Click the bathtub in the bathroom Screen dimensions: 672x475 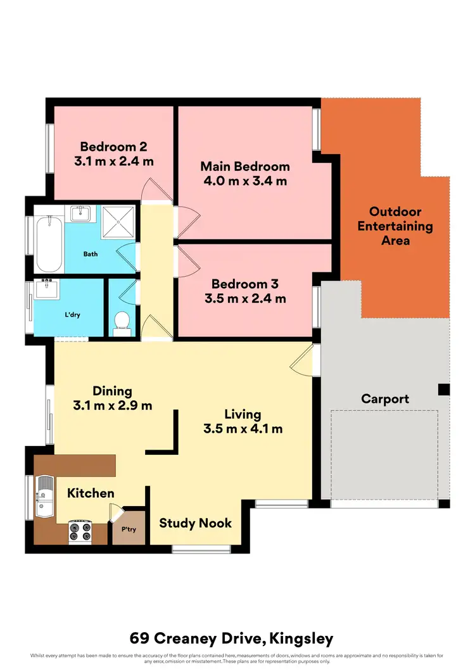click(x=49, y=244)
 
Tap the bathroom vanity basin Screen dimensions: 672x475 click(x=80, y=213)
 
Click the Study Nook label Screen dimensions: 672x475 click(x=195, y=523)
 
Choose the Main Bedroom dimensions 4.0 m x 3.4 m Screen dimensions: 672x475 click(x=245, y=181)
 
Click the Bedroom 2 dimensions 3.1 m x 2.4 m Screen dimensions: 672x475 click(x=114, y=161)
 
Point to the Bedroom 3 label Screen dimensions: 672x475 click(x=244, y=284)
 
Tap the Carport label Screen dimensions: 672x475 click(x=385, y=399)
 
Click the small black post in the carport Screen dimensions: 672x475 click(x=445, y=390)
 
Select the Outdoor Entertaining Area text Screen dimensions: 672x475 click(x=395, y=226)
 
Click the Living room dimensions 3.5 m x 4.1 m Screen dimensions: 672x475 click(x=243, y=429)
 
